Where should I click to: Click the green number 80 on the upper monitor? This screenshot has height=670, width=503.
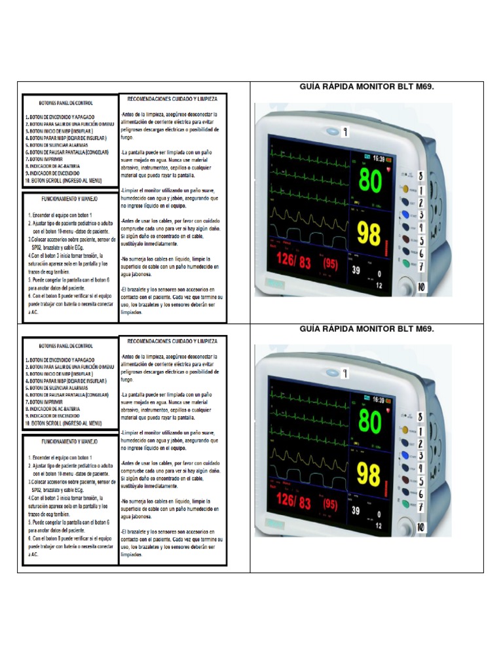point(370,181)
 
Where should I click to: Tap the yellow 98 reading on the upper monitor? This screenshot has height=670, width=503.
point(369,233)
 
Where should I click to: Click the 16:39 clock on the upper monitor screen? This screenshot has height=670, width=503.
point(378,158)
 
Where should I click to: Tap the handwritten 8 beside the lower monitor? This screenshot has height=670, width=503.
point(419,416)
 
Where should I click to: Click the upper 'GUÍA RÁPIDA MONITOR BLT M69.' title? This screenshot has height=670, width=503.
point(367,87)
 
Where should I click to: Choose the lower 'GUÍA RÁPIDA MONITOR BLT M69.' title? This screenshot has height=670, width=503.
point(367,328)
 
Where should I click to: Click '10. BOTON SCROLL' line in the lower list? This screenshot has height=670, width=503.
point(64,423)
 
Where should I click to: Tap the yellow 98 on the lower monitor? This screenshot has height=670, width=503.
point(369,473)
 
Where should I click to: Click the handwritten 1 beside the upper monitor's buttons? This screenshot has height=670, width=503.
point(421,190)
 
